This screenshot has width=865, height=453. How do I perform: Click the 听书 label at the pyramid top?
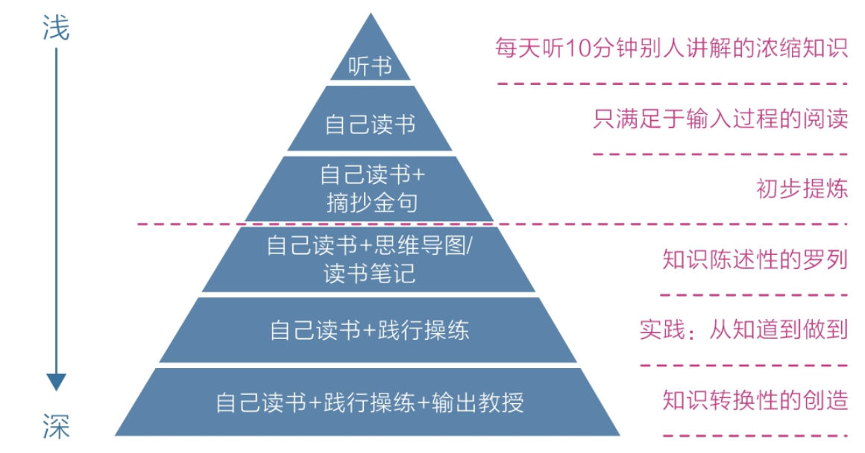point(370,66)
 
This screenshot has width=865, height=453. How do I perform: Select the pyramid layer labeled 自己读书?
point(370,124)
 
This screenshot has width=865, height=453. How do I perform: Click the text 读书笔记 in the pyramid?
point(370,273)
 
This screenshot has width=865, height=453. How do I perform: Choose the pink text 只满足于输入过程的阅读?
point(720,119)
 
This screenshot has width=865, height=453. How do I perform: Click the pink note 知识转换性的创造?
point(755,400)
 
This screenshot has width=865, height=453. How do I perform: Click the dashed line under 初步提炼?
point(492,223)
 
